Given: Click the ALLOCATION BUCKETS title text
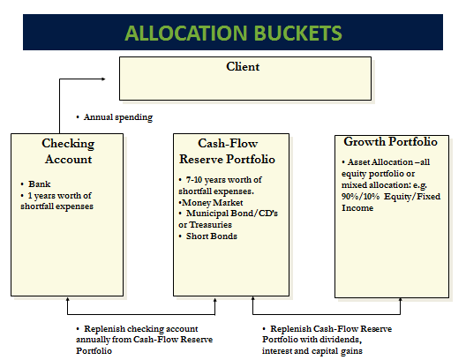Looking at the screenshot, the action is point(233,33).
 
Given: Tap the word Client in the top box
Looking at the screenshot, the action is point(243,66).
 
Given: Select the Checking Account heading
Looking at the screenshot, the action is point(68,151).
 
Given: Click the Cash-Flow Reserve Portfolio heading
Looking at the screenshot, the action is point(228,151).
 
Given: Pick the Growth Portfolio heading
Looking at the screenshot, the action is point(390,142).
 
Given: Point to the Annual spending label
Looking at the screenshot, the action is point(118,117).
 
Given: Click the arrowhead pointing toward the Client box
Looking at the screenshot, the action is point(103,79).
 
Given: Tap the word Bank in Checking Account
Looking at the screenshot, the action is point(40,184).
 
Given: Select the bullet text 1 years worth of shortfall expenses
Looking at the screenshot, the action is point(56,201).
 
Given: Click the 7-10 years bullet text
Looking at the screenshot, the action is point(220,185).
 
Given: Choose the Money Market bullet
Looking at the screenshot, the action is point(212,203).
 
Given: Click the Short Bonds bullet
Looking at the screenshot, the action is point(212,236).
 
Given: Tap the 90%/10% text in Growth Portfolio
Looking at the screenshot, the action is point(360,197).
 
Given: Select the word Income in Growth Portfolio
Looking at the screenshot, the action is point(357,208).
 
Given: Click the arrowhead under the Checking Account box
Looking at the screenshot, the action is point(67,299).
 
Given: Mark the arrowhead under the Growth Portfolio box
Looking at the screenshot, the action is point(400,300).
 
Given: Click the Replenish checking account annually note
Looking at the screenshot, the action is point(145,340).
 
